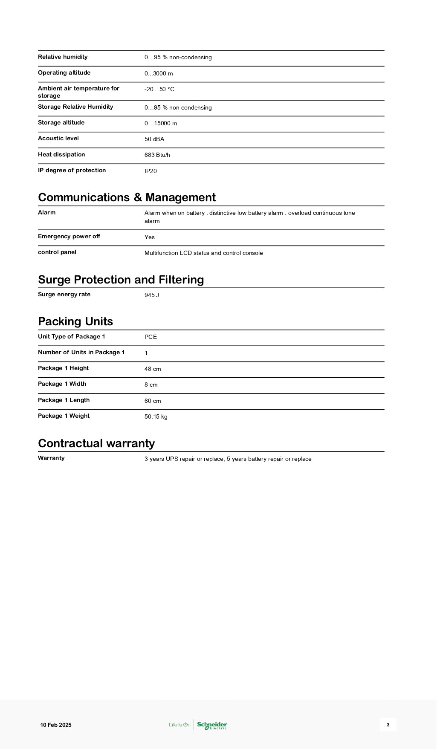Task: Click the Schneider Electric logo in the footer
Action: [212, 725]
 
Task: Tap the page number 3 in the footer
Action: [388, 725]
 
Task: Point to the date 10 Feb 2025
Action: [56, 725]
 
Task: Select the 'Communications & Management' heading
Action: [127, 197]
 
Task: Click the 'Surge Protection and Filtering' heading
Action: [121, 280]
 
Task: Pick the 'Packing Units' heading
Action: [75, 321]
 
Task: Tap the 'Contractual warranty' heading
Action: [96, 443]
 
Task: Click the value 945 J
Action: [151, 295]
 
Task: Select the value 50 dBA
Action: [154, 139]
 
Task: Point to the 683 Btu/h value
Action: [157, 155]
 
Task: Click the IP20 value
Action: [151, 171]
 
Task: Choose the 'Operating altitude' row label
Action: [64, 73]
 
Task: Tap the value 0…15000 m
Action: [161, 124]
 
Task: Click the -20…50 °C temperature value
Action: [159, 90]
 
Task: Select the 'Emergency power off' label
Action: [69, 237]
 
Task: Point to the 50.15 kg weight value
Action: [156, 416]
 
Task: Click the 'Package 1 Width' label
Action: [62, 384]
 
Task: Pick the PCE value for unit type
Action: [151, 337]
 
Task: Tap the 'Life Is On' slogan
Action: [180, 725]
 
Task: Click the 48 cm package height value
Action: [153, 369]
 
